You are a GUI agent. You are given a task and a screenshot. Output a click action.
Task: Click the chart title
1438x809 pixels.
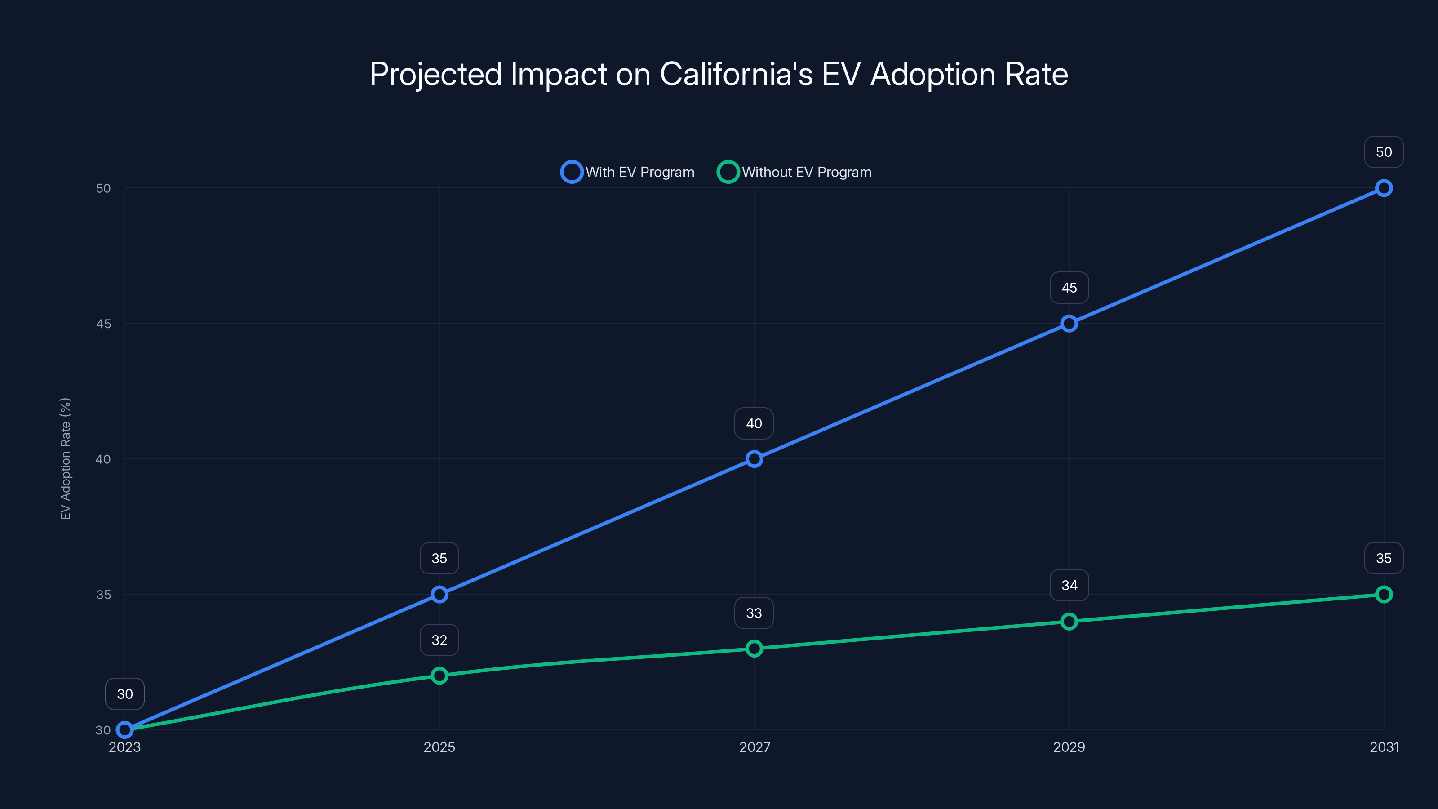point(719,74)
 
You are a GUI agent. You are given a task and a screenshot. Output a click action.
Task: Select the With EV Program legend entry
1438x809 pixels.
point(628,172)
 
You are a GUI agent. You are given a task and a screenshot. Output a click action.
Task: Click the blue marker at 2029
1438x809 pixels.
point(1069,324)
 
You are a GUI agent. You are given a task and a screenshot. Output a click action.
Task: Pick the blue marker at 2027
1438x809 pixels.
point(754,459)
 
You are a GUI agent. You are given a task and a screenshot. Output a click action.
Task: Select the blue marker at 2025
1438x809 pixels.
point(439,595)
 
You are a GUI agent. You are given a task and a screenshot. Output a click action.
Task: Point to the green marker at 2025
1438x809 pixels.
point(439,676)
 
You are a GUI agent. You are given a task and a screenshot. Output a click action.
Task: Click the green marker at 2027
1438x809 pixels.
point(754,648)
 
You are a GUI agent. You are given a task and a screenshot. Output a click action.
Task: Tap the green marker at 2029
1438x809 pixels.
point(1069,622)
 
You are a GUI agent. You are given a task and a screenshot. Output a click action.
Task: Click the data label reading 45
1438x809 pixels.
point(1069,288)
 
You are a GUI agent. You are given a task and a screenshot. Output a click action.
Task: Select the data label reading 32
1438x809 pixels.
point(439,640)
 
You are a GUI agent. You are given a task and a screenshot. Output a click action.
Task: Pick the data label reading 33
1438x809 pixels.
point(754,613)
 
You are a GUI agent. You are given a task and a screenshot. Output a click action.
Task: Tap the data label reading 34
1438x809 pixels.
point(1069,585)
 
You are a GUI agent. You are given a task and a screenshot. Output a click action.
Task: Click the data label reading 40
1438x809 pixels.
point(754,424)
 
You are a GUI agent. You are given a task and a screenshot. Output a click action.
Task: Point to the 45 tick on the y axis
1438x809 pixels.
point(103,324)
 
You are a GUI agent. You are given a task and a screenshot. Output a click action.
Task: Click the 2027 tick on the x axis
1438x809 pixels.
point(754,747)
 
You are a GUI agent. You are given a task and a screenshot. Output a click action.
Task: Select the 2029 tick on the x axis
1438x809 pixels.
point(1069,747)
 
